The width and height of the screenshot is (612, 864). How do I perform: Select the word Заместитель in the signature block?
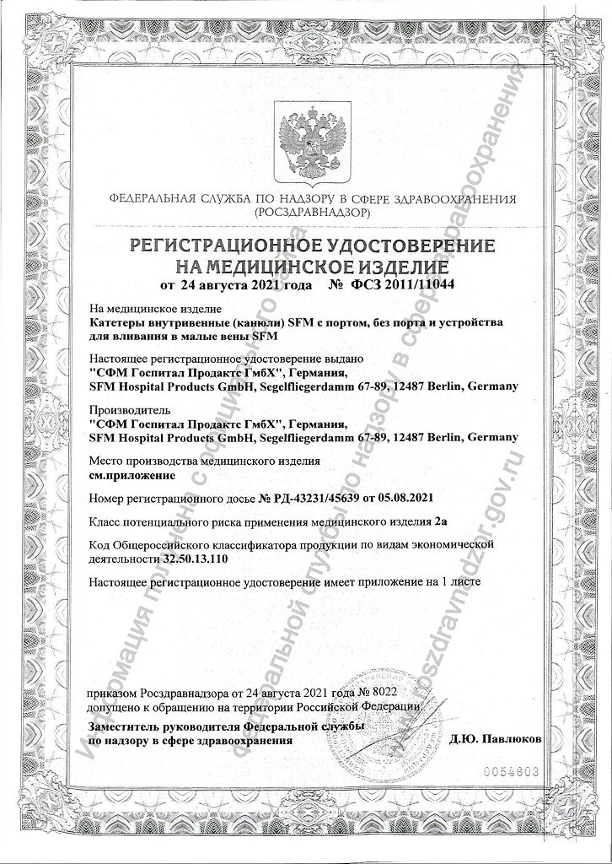tap(123, 726)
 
